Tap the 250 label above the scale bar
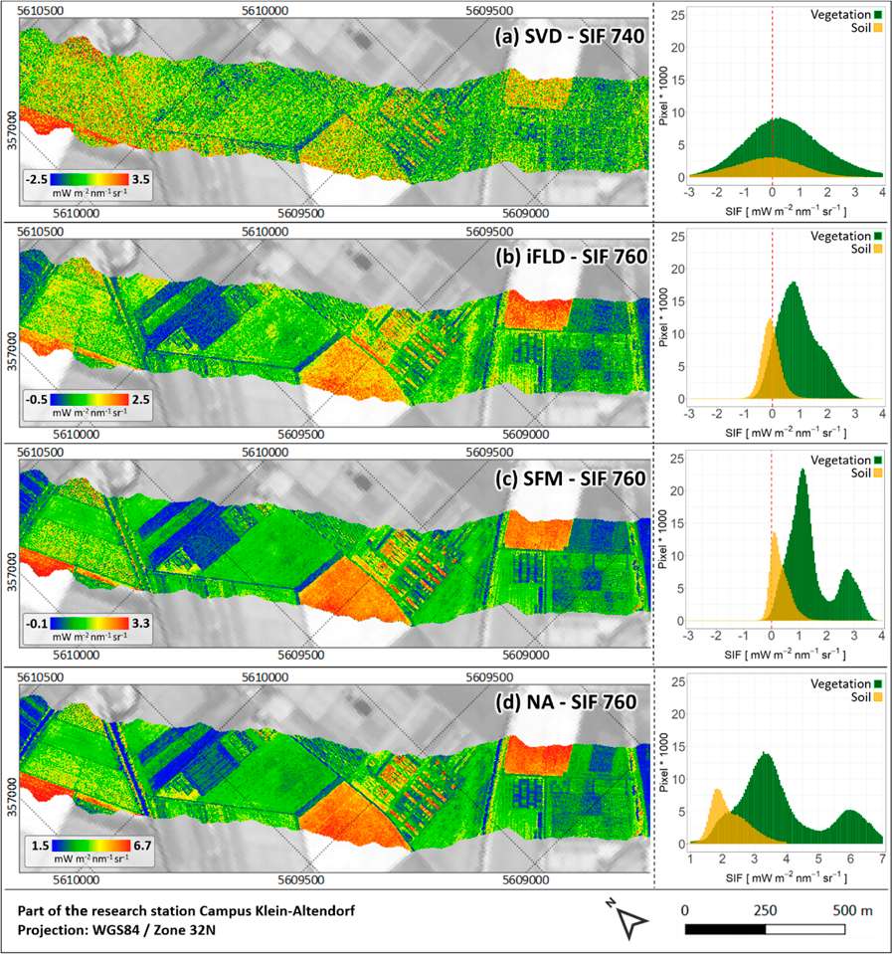pos(765,909)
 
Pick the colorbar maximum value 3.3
pos(137,623)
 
